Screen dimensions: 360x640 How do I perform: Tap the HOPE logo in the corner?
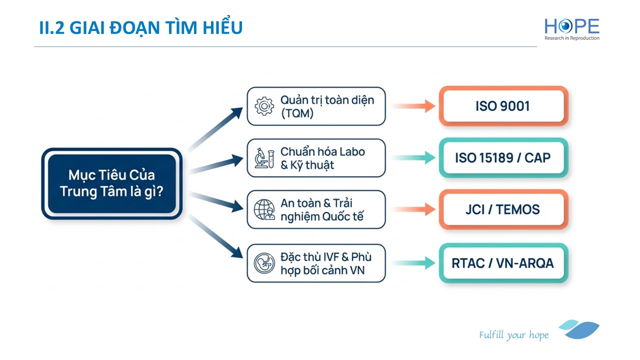pyautogui.click(x=572, y=29)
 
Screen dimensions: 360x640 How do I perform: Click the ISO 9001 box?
pyautogui.click(x=503, y=106)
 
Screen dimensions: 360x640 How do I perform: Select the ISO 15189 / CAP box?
pyautogui.click(x=503, y=158)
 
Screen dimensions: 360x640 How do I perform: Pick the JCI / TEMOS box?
pyautogui.click(x=503, y=209)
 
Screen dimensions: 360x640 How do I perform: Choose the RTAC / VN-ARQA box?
pyautogui.click(x=503, y=263)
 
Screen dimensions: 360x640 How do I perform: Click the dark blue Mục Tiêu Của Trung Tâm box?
pyautogui.click(x=111, y=183)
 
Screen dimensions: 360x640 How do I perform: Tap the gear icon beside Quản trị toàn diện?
pyautogui.click(x=264, y=106)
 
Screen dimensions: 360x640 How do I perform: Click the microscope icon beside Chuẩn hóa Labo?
pyautogui.click(x=264, y=157)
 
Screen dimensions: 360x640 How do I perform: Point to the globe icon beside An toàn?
pyautogui.click(x=264, y=209)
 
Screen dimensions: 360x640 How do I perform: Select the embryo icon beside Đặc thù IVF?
pyautogui.click(x=264, y=263)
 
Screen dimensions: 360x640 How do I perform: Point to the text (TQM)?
pyautogui.click(x=297, y=113)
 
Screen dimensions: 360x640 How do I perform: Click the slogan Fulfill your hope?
pyautogui.click(x=513, y=335)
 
